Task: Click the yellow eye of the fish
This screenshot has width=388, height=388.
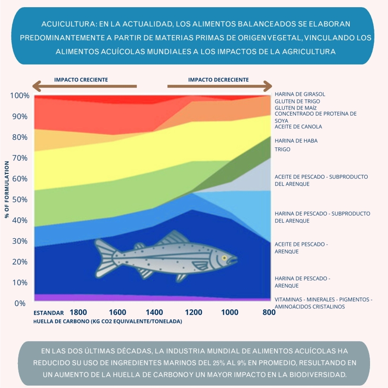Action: (224, 258)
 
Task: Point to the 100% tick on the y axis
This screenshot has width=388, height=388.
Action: (19, 96)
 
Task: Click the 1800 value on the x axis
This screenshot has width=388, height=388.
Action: (78, 312)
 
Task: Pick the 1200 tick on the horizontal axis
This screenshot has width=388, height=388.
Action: (194, 312)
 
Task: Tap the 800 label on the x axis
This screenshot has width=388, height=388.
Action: (269, 312)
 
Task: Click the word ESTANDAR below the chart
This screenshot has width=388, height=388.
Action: (49, 313)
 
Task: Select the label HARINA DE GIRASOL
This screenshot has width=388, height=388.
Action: (300, 94)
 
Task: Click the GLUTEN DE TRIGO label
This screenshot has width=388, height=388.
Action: (297, 101)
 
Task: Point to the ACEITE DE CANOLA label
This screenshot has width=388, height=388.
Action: (298, 127)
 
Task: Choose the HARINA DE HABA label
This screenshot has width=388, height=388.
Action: (296, 141)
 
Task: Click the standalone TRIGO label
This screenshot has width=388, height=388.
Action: (282, 150)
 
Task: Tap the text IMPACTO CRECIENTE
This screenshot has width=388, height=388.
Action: (81, 80)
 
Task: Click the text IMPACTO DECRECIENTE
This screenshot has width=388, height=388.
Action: (218, 80)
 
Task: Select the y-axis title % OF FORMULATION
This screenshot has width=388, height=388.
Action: (7, 189)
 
